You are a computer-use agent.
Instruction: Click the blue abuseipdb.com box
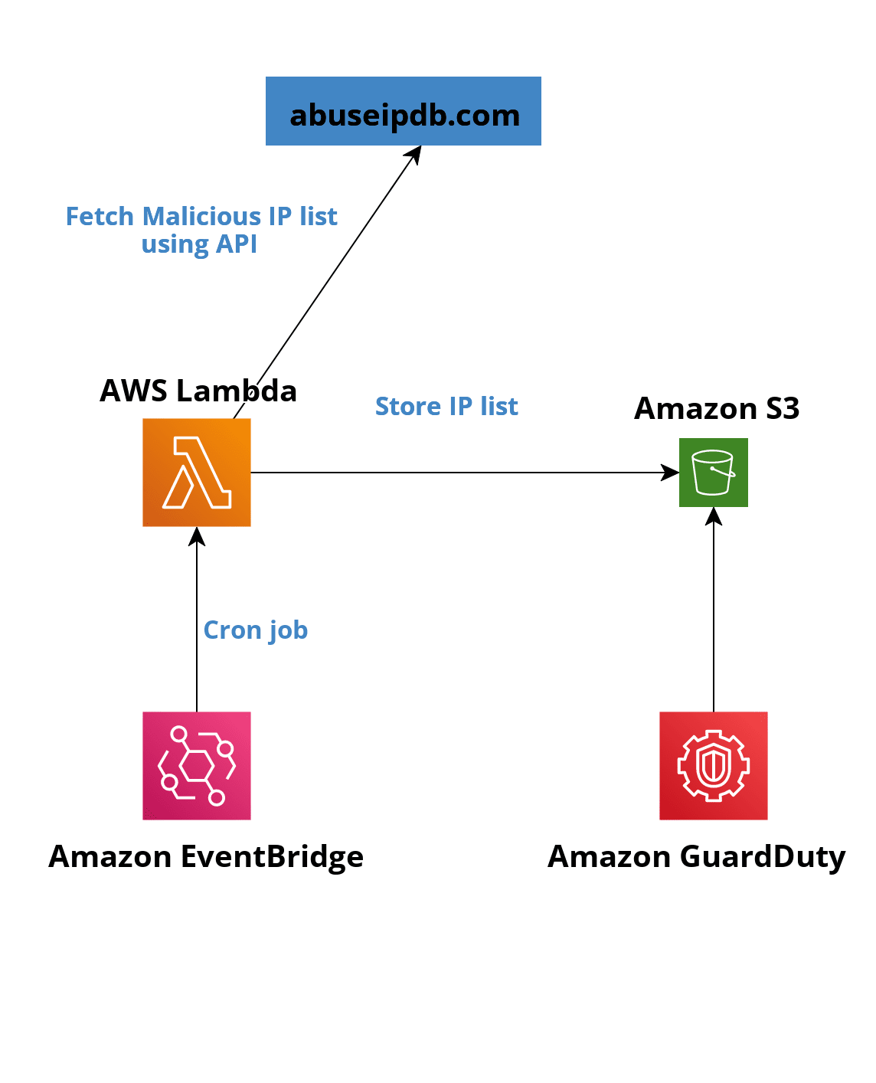[403, 111]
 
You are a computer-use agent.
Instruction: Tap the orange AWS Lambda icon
[197, 472]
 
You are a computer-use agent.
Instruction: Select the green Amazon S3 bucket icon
[713, 472]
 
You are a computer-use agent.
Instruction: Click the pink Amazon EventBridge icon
[197, 765]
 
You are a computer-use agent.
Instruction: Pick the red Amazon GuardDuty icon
[713, 765]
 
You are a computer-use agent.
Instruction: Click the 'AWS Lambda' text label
[198, 391]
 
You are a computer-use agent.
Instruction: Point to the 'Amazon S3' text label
[717, 408]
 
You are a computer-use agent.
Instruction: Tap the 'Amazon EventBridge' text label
[206, 856]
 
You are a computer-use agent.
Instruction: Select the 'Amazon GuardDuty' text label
[696, 856]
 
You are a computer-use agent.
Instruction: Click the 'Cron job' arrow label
[255, 630]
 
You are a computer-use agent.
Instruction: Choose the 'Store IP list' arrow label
[446, 406]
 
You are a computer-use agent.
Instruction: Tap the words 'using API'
[199, 244]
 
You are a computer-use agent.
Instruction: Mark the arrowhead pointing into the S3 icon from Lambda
[671, 472]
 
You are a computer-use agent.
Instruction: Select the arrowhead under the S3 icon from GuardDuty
[713, 516]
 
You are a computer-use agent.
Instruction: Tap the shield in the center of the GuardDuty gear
[713, 766]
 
